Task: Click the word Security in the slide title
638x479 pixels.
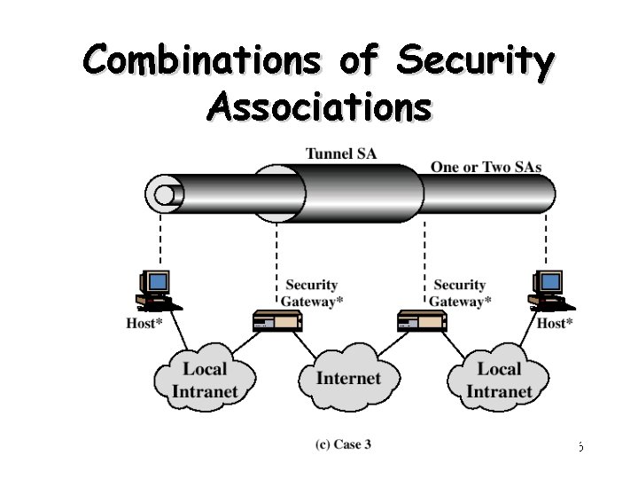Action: (x=476, y=60)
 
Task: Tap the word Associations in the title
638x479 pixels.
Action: (x=319, y=106)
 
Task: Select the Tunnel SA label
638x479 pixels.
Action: (x=340, y=153)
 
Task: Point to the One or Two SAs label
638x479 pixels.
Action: (x=486, y=167)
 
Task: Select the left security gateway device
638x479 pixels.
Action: (x=276, y=320)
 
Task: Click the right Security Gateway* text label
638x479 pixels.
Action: (x=461, y=293)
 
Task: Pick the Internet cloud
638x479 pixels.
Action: (x=348, y=379)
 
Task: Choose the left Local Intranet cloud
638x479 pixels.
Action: (x=205, y=380)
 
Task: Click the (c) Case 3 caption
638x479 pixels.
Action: (x=342, y=444)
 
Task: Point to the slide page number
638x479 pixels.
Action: (x=580, y=446)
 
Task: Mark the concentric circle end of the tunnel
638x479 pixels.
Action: (x=164, y=193)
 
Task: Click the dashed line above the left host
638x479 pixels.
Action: (x=160, y=239)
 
